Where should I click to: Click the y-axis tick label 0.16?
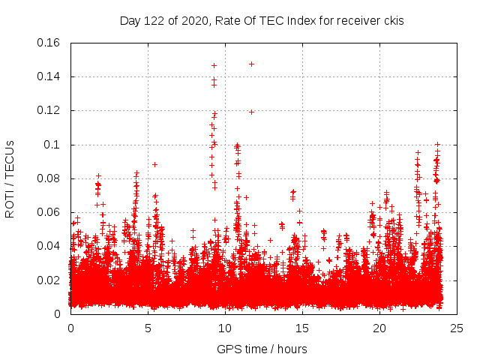click(49, 43)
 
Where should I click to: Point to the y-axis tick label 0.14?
click(49, 76)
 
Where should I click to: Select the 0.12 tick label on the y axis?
click(49, 110)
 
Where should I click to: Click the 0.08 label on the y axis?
click(49, 178)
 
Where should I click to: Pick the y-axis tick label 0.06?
click(49, 212)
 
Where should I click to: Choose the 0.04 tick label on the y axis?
click(49, 246)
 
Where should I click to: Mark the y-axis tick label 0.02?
click(49, 280)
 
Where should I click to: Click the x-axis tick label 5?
click(148, 328)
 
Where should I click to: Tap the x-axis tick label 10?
click(225, 328)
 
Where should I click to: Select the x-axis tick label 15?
click(302, 328)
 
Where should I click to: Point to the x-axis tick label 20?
click(379, 328)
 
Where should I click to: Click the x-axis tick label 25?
click(457, 328)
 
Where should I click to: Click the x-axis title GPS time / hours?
click(262, 349)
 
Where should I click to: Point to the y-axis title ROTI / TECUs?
click(10, 178)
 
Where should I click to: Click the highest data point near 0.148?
click(251, 64)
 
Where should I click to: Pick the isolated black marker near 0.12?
click(252, 112)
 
